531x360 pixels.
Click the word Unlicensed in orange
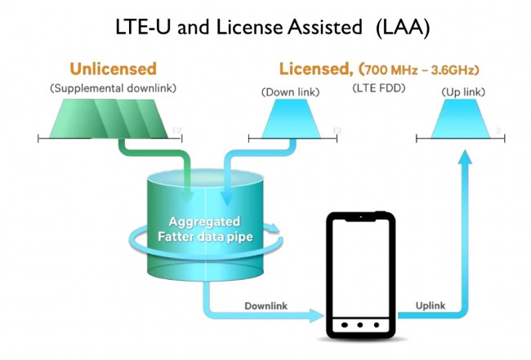coord(113,69)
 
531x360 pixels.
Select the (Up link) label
coord(461,93)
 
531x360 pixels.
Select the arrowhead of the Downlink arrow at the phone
coord(317,314)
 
